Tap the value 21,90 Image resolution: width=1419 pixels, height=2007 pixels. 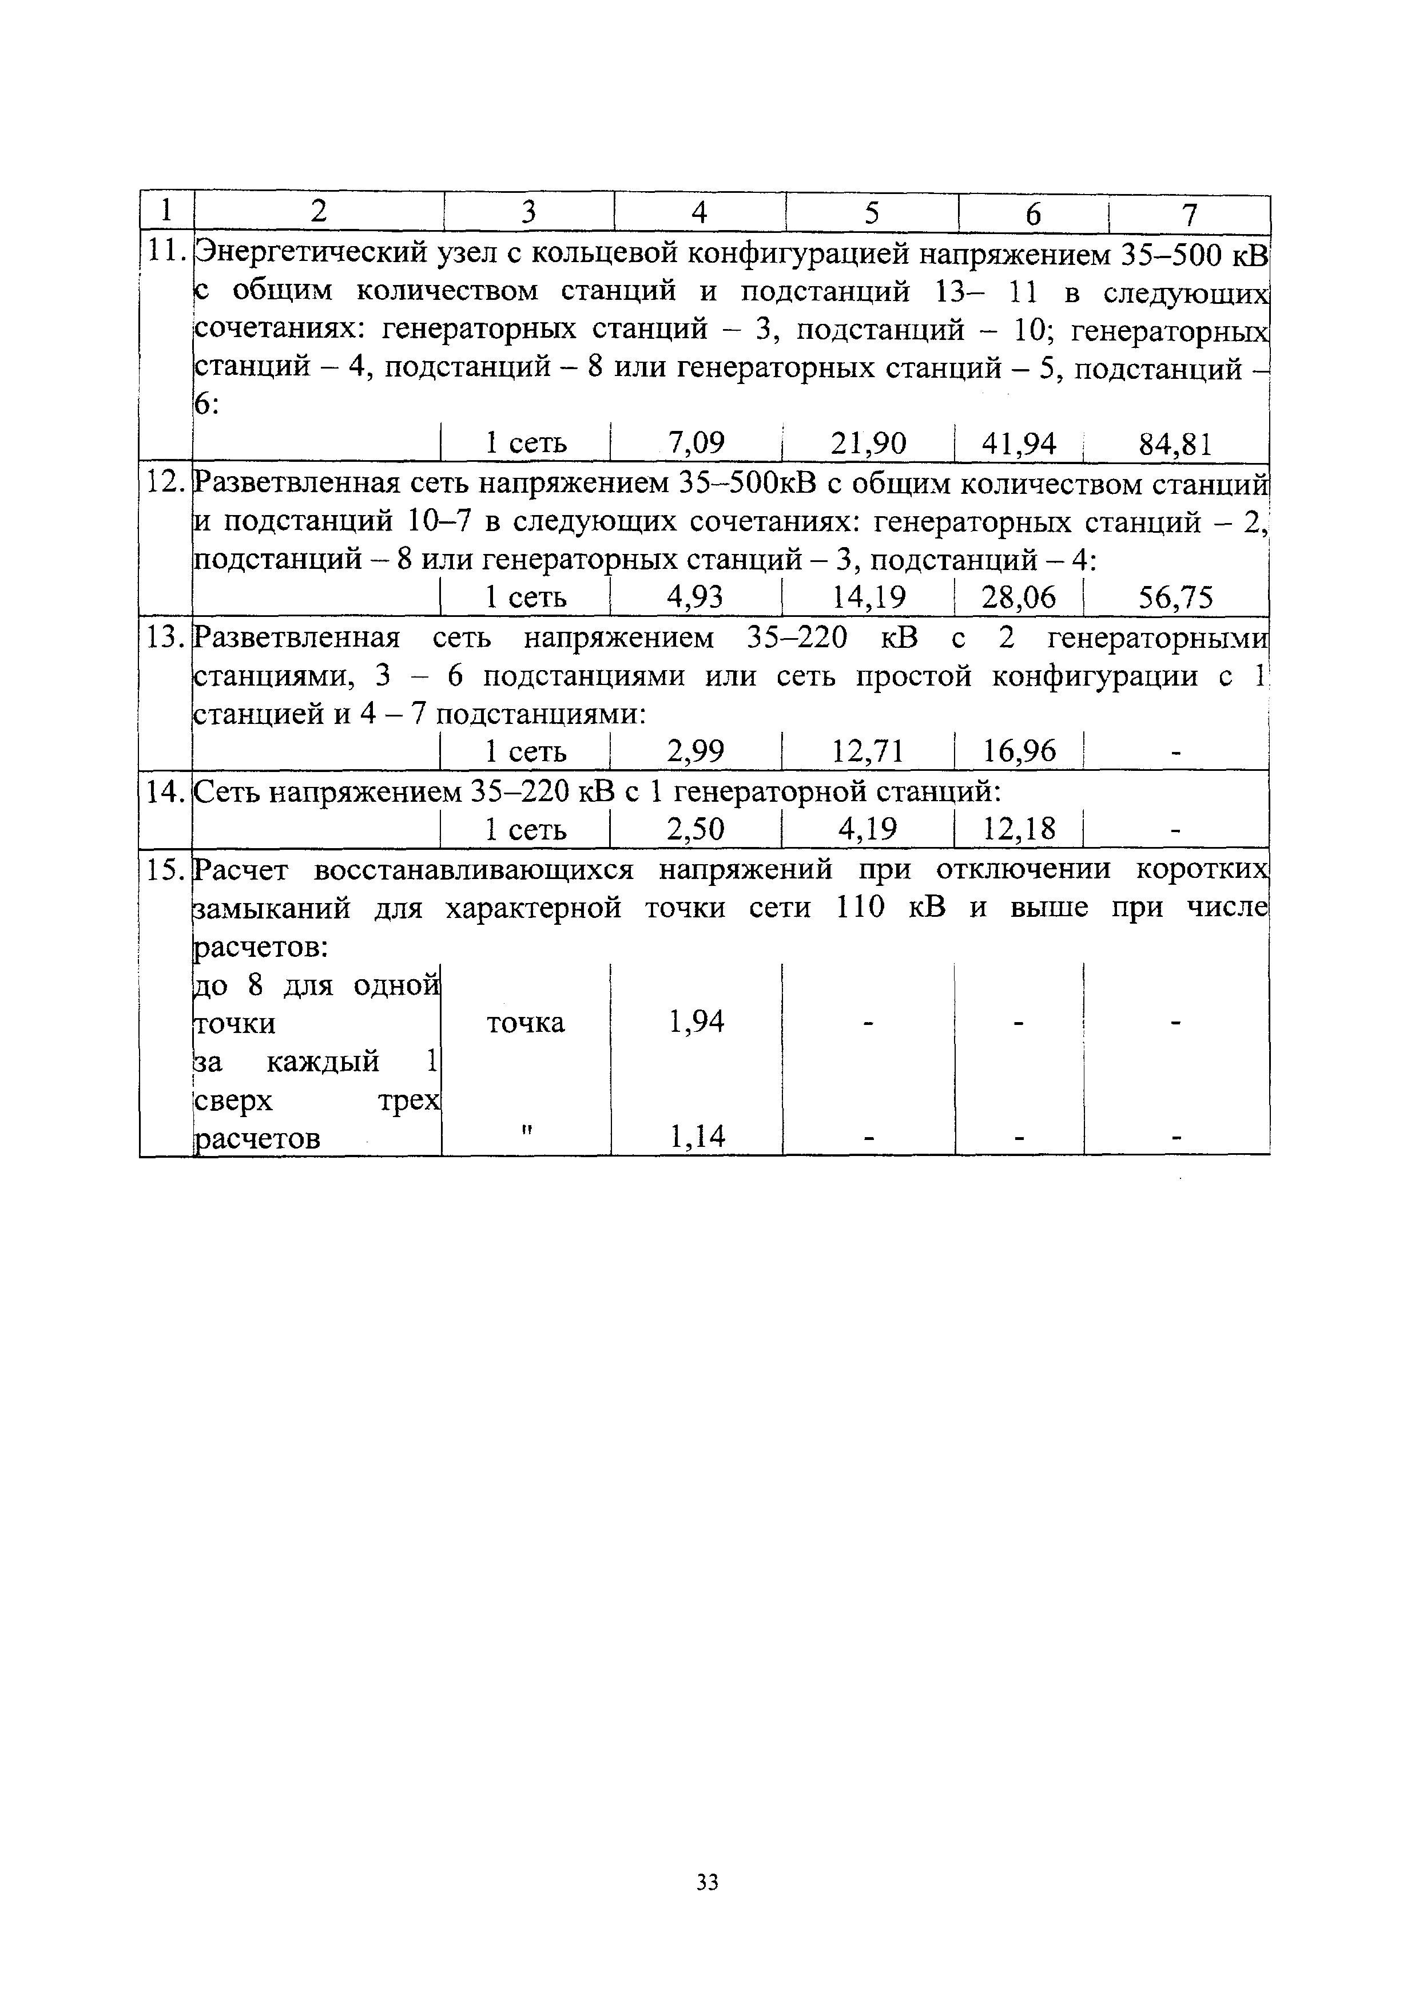pyautogui.click(x=869, y=444)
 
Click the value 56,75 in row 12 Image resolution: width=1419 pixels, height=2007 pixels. pyautogui.click(x=1175, y=598)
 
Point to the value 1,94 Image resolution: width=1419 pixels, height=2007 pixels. pyautogui.click(x=697, y=1022)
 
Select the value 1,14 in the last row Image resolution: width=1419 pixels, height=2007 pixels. pyautogui.click(x=697, y=1137)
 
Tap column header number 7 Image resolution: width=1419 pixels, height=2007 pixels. pyautogui.click(x=1189, y=214)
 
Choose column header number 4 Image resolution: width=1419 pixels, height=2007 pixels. pyautogui.click(x=698, y=213)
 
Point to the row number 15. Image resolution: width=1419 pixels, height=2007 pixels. pyautogui.click(x=164, y=870)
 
